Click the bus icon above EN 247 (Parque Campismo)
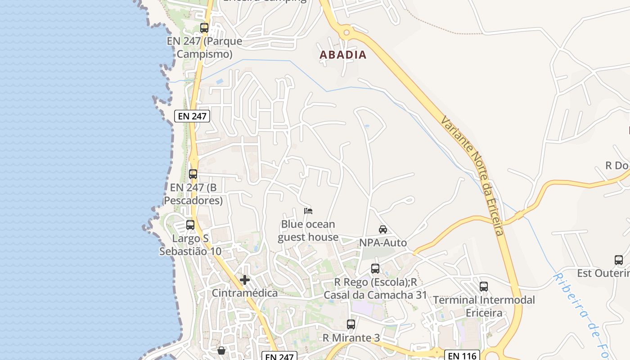tap(204, 28)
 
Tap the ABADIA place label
tap(343, 55)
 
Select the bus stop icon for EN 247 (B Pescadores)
tap(193, 174)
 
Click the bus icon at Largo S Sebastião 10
tap(190, 225)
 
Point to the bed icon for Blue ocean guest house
tap(308, 211)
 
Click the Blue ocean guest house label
tap(308, 231)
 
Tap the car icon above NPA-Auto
tap(383, 229)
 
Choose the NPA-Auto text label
tap(383, 243)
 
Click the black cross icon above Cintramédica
tap(245, 280)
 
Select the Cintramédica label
tap(245, 293)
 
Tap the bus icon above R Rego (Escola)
tap(375, 269)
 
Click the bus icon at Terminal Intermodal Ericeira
tap(484, 287)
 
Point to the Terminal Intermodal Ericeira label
tap(484, 306)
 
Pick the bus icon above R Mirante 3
tap(351, 324)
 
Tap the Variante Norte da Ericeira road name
tap(472, 175)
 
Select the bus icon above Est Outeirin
tap(619, 260)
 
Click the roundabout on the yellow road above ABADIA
tap(346, 32)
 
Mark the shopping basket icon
tap(221, 351)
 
